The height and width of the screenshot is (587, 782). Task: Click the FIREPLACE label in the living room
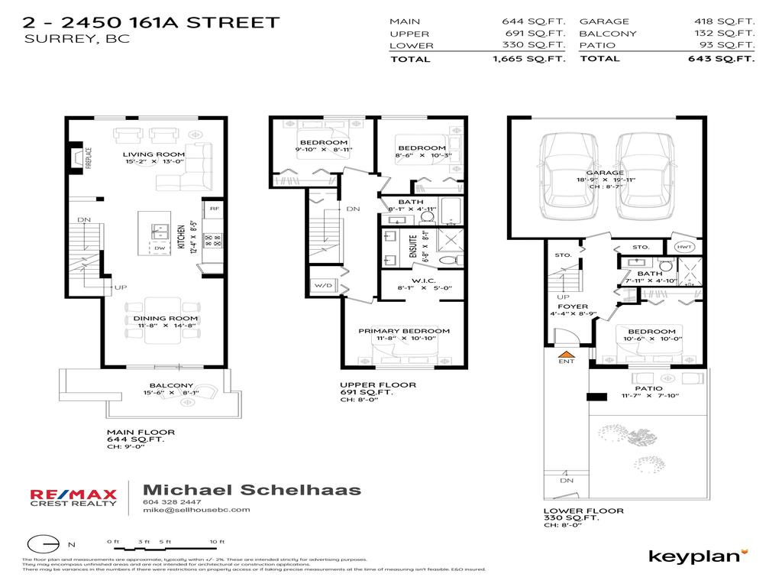[x=89, y=161]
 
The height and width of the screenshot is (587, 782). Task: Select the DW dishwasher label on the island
[x=159, y=248]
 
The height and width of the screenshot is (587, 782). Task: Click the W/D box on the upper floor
[x=321, y=286]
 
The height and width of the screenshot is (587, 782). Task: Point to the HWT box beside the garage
[x=684, y=247]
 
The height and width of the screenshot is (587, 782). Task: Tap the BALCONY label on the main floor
[x=172, y=386]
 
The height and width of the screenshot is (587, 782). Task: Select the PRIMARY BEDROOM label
[x=404, y=331]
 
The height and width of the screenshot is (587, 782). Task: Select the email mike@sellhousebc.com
[x=196, y=510]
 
